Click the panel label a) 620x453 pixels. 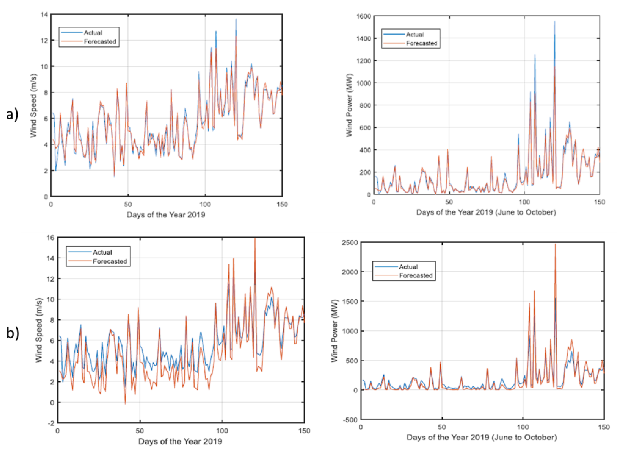point(12,114)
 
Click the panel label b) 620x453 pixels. point(13,333)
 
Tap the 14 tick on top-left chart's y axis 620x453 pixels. point(44,15)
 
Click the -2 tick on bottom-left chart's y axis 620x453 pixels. point(51,423)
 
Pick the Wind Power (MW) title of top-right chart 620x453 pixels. point(349,105)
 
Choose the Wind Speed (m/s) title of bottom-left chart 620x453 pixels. point(39,330)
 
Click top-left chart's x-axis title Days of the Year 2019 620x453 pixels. point(166,215)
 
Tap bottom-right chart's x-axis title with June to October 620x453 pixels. point(482,437)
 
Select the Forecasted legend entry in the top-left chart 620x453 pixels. point(100,42)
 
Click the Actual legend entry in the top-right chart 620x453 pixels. point(414,35)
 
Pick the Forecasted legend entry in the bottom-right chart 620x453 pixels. point(415,275)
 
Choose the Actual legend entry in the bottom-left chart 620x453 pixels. point(102,252)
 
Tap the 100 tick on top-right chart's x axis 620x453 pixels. point(524,202)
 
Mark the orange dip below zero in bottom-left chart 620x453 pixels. point(125,404)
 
